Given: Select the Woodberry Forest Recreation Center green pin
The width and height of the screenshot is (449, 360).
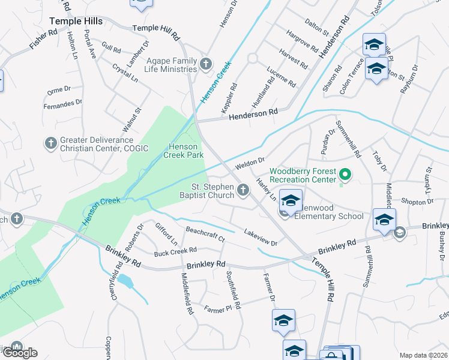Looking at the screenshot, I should [x=345, y=175].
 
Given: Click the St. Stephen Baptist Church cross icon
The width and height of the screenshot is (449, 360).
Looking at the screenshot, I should [x=243, y=190].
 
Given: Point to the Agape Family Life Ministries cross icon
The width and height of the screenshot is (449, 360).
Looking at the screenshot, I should [x=206, y=63].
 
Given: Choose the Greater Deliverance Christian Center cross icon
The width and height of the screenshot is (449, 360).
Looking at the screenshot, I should [x=50, y=143].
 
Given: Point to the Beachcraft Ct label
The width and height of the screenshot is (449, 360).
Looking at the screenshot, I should [x=205, y=234].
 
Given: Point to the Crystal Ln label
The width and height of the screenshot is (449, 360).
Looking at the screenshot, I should [x=125, y=74].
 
